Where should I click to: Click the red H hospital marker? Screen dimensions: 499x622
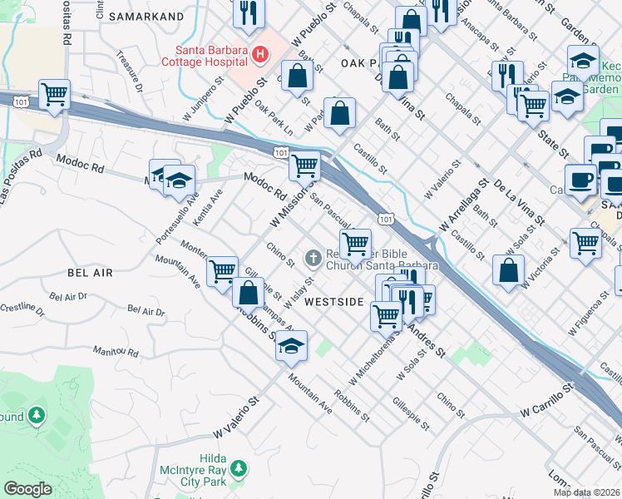[x=260, y=56]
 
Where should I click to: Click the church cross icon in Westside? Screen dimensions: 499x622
[x=313, y=258]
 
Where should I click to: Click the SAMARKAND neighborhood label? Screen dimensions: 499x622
[x=145, y=17]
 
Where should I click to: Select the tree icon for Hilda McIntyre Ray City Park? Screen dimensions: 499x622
[x=238, y=470]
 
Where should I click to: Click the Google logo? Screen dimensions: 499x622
[x=27, y=489]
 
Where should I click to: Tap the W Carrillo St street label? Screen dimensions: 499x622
[x=547, y=399]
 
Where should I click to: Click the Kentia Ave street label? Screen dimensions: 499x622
[x=215, y=202]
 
